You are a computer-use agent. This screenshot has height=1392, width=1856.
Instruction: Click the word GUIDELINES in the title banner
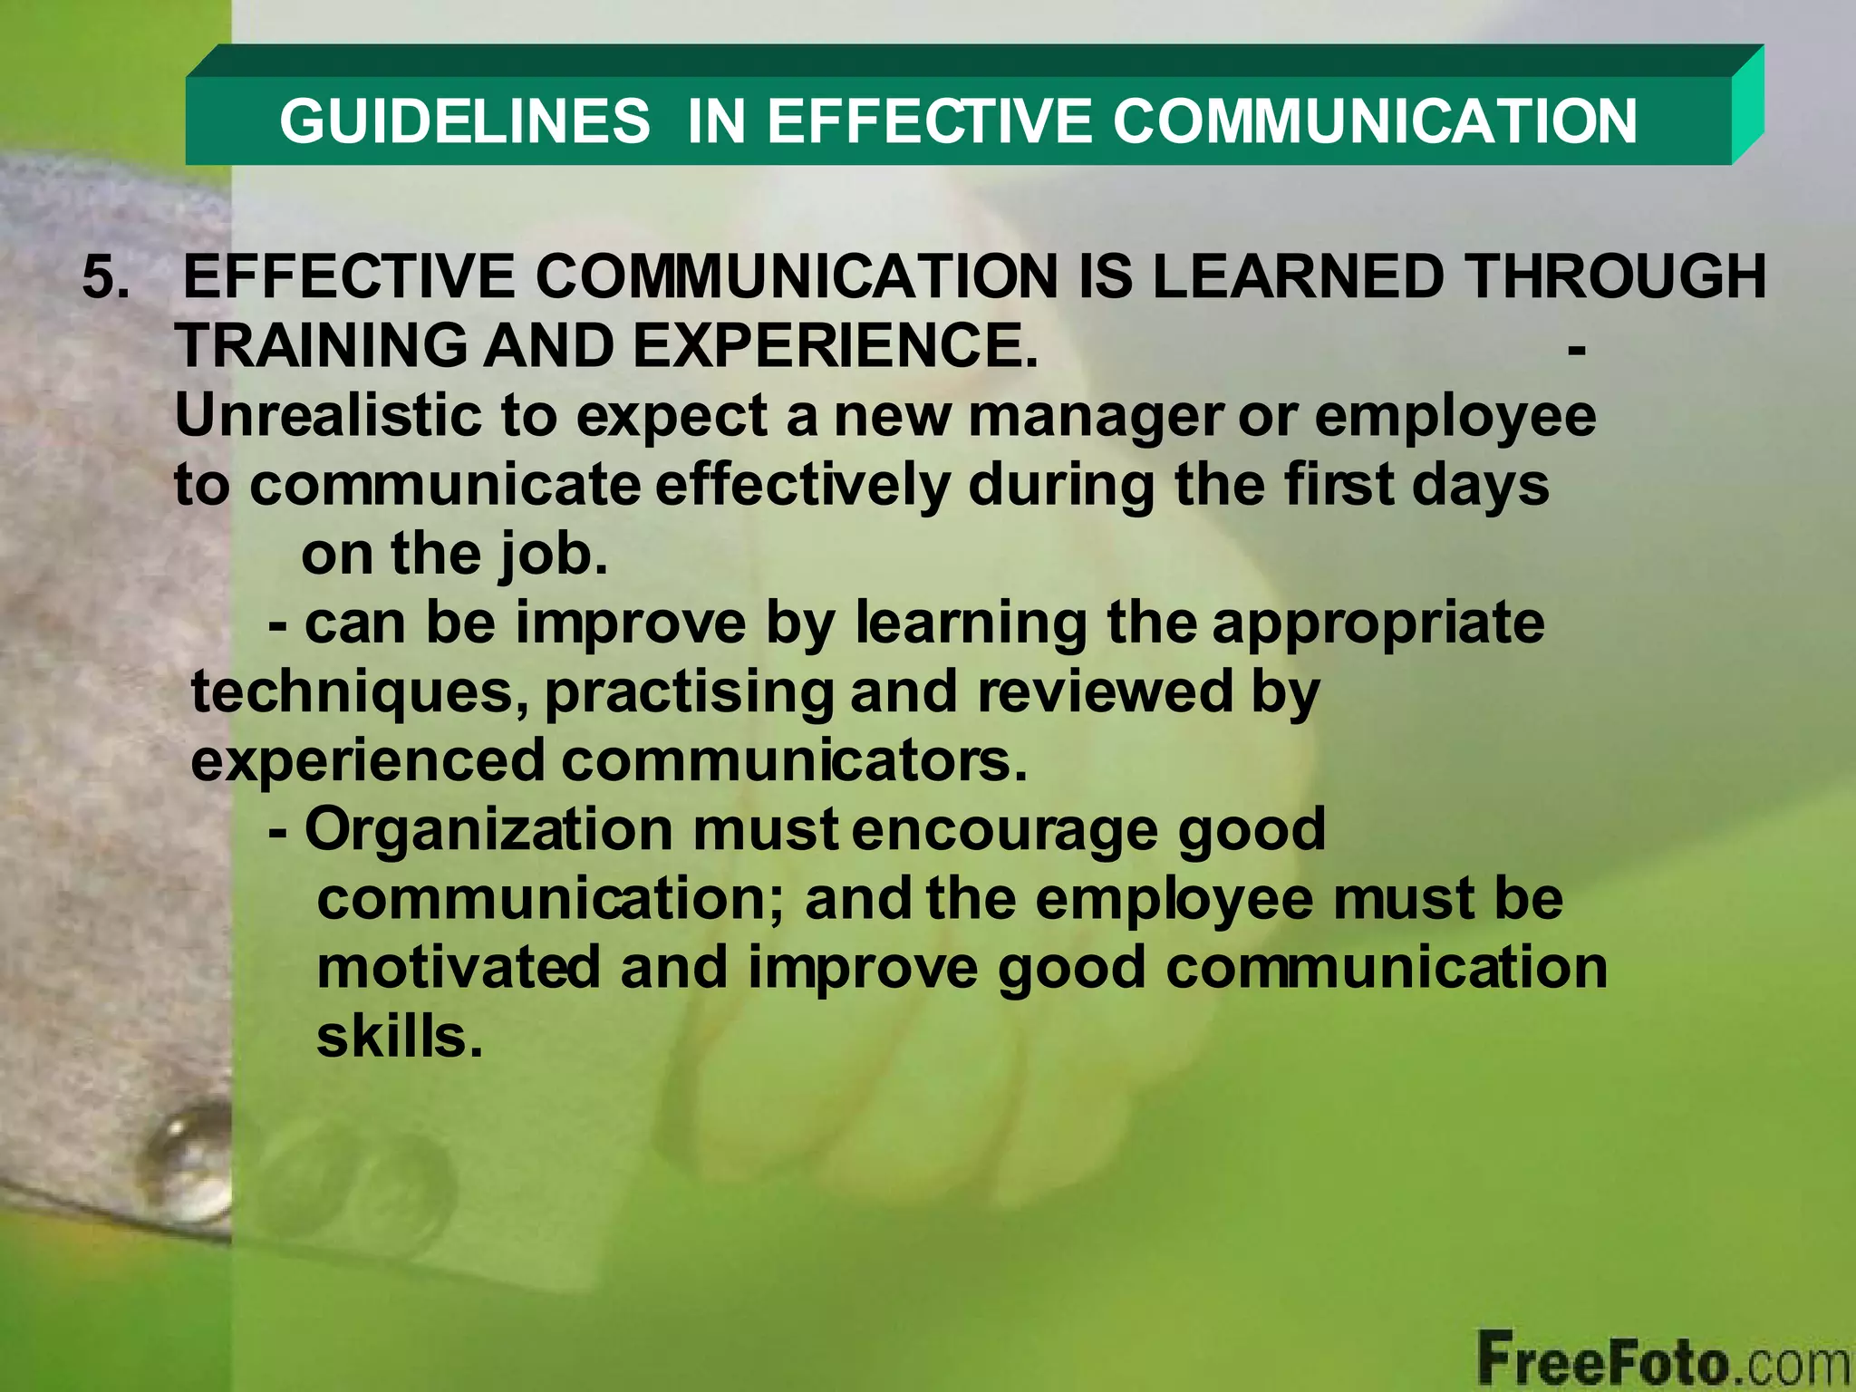click(x=464, y=121)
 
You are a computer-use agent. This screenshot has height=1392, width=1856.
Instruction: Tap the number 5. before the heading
click(x=106, y=276)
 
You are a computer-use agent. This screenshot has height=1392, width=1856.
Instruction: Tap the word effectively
click(x=802, y=485)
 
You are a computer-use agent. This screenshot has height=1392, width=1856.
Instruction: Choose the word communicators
click(x=794, y=761)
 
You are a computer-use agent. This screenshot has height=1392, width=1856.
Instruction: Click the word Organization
click(x=488, y=831)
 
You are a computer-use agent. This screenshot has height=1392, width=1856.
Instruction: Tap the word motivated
click(x=458, y=967)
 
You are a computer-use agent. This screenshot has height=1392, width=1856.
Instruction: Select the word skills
click(x=398, y=1036)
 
